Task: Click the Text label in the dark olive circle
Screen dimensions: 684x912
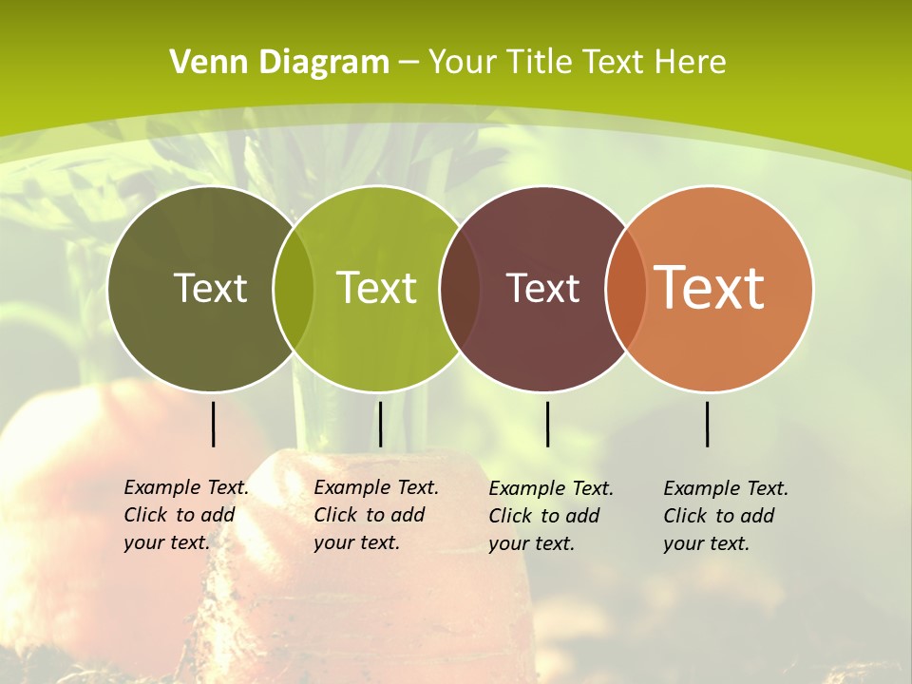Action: click(210, 288)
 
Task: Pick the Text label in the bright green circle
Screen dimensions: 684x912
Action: click(377, 288)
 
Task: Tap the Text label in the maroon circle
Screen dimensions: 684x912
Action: click(543, 288)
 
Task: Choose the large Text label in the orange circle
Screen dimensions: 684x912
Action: click(710, 287)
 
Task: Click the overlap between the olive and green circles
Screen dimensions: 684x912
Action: click(294, 289)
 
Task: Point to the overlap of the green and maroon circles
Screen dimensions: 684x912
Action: click(460, 289)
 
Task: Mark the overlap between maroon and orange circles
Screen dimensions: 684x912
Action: click(626, 289)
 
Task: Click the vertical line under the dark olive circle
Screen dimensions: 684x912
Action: click(213, 424)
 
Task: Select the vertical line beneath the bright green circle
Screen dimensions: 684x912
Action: click(380, 424)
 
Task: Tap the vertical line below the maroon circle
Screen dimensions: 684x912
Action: click(547, 424)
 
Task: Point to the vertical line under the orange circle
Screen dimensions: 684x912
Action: click(708, 424)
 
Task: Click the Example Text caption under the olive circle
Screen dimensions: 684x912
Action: click(186, 515)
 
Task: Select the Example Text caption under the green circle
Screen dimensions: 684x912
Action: click(376, 515)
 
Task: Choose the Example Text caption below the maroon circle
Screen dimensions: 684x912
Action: click(551, 516)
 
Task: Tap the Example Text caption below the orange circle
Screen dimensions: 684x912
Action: click(726, 516)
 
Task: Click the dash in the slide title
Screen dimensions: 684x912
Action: click(408, 64)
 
